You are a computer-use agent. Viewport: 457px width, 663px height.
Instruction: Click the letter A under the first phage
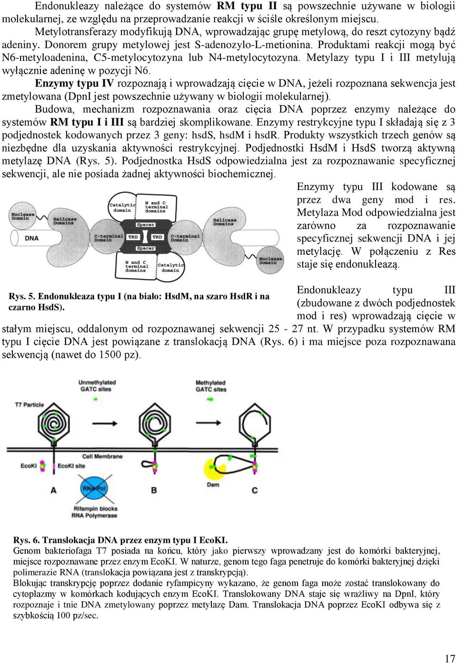click(x=53, y=490)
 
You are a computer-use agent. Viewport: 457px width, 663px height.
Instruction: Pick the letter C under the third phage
click(x=255, y=490)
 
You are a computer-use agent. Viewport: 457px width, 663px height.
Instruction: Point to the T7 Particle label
click(x=30, y=404)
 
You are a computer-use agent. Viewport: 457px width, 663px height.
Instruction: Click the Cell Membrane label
click(x=102, y=456)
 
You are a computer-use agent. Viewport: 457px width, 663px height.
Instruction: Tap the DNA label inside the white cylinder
click(x=31, y=238)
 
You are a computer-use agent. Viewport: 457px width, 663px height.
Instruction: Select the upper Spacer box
click(x=145, y=225)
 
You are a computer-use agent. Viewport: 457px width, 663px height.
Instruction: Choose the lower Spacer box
click(x=145, y=248)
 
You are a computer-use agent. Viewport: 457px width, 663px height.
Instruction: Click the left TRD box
click(x=133, y=237)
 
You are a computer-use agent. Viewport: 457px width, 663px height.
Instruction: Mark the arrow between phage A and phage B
click(x=105, y=423)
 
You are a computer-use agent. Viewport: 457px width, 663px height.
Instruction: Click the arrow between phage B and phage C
click(x=209, y=423)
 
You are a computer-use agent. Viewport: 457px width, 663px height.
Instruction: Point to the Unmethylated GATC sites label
click(x=97, y=385)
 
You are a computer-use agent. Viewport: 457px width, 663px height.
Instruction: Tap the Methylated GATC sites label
click(x=211, y=386)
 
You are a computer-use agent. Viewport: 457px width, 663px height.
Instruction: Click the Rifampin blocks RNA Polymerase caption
click(x=95, y=512)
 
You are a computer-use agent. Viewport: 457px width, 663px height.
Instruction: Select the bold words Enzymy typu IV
click(x=74, y=84)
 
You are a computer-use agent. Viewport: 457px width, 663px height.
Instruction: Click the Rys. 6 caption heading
click(x=120, y=540)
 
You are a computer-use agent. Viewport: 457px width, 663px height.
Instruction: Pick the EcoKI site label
click(x=71, y=466)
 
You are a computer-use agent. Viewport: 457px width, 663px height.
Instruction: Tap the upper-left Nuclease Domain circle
click(x=22, y=216)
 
